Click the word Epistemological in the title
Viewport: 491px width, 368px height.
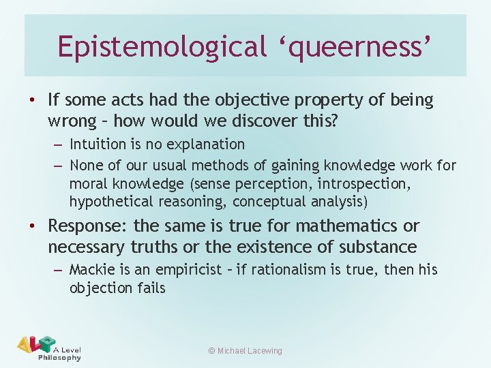[x=160, y=46]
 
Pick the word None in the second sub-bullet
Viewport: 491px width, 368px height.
[x=86, y=166]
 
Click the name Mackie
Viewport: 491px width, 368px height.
[x=93, y=270]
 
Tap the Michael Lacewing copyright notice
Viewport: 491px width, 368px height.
[x=245, y=351]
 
